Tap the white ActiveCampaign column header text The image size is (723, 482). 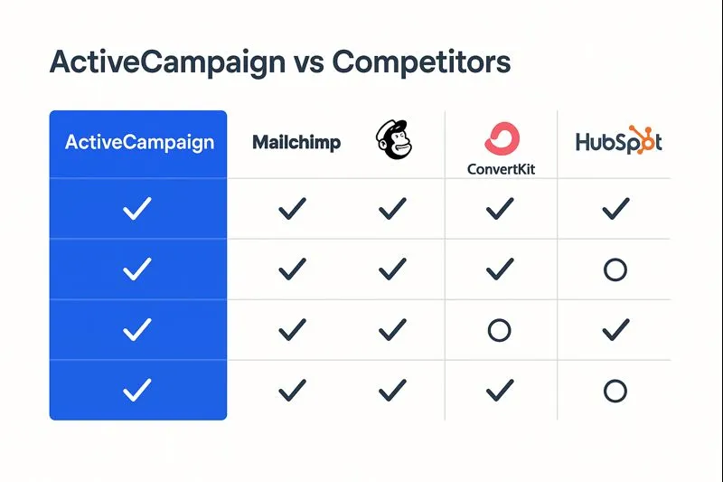pos(139,143)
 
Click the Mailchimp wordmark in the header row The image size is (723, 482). pos(296,143)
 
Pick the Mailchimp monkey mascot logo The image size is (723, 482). pos(391,142)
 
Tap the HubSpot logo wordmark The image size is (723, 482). pos(618,142)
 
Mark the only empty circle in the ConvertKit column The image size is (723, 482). pos(499,330)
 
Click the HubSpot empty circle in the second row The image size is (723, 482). pos(615,269)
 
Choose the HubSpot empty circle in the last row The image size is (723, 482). pos(615,391)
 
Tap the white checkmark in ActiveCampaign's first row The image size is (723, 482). pos(137,210)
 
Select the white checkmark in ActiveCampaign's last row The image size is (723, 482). pos(137,391)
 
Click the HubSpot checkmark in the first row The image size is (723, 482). pos(615,210)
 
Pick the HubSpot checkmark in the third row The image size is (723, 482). pos(615,330)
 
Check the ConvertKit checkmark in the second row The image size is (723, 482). pos(499,269)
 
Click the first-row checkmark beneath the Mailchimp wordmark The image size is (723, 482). pos(293,210)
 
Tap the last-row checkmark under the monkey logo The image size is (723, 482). pos(392,391)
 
